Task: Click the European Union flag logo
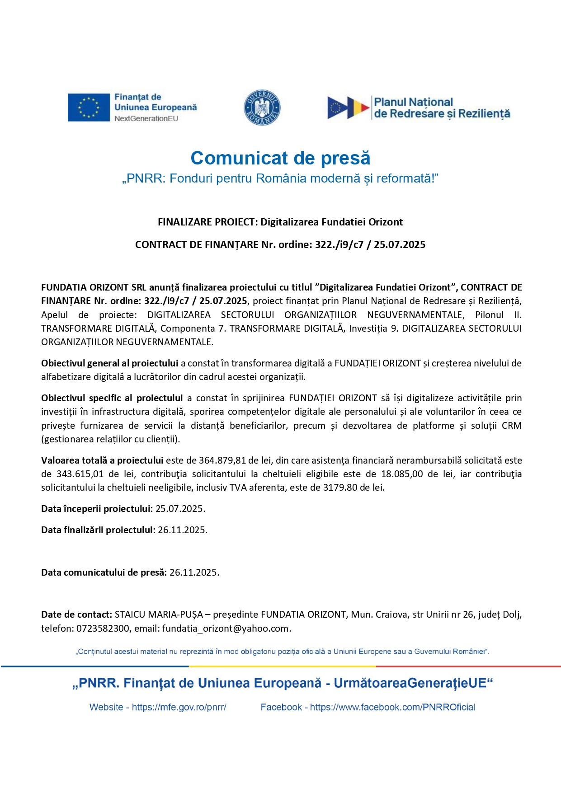click(89, 108)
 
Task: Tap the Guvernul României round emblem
click(262, 108)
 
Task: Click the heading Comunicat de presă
click(280, 158)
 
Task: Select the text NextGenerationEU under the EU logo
click(146, 119)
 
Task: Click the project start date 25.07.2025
click(180, 509)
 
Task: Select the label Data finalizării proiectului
click(98, 530)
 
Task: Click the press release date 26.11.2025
click(194, 572)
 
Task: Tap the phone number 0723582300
click(103, 629)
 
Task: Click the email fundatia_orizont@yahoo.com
click(226, 629)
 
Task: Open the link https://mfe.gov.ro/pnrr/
click(179, 707)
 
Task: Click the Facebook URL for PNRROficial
click(392, 707)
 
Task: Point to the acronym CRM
click(512, 426)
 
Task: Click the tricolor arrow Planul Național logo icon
click(348, 108)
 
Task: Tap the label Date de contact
click(76, 615)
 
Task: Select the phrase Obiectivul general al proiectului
click(109, 363)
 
